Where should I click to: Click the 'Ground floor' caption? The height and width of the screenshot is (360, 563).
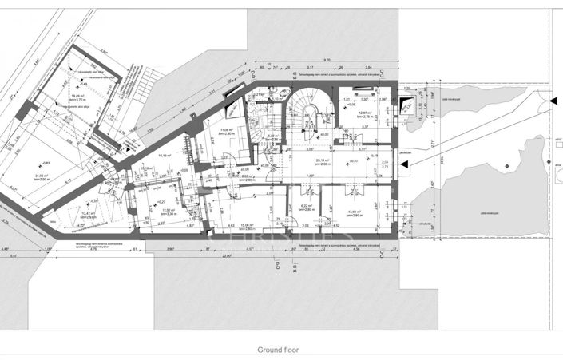pyautogui.click(x=281, y=350)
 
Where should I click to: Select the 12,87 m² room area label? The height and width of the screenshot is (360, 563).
pyautogui.click(x=367, y=113)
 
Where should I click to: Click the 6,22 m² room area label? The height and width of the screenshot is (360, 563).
pyautogui.click(x=307, y=206)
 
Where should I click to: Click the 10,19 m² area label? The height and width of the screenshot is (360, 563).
pyautogui.click(x=165, y=156)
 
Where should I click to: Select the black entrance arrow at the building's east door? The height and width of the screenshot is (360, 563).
pyautogui.click(x=407, y=165)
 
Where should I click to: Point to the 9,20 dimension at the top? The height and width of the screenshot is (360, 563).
pyautogui.click(x=327, y=61)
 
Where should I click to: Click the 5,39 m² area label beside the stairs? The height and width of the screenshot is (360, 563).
pyautogui.click(x=272, y=136)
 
